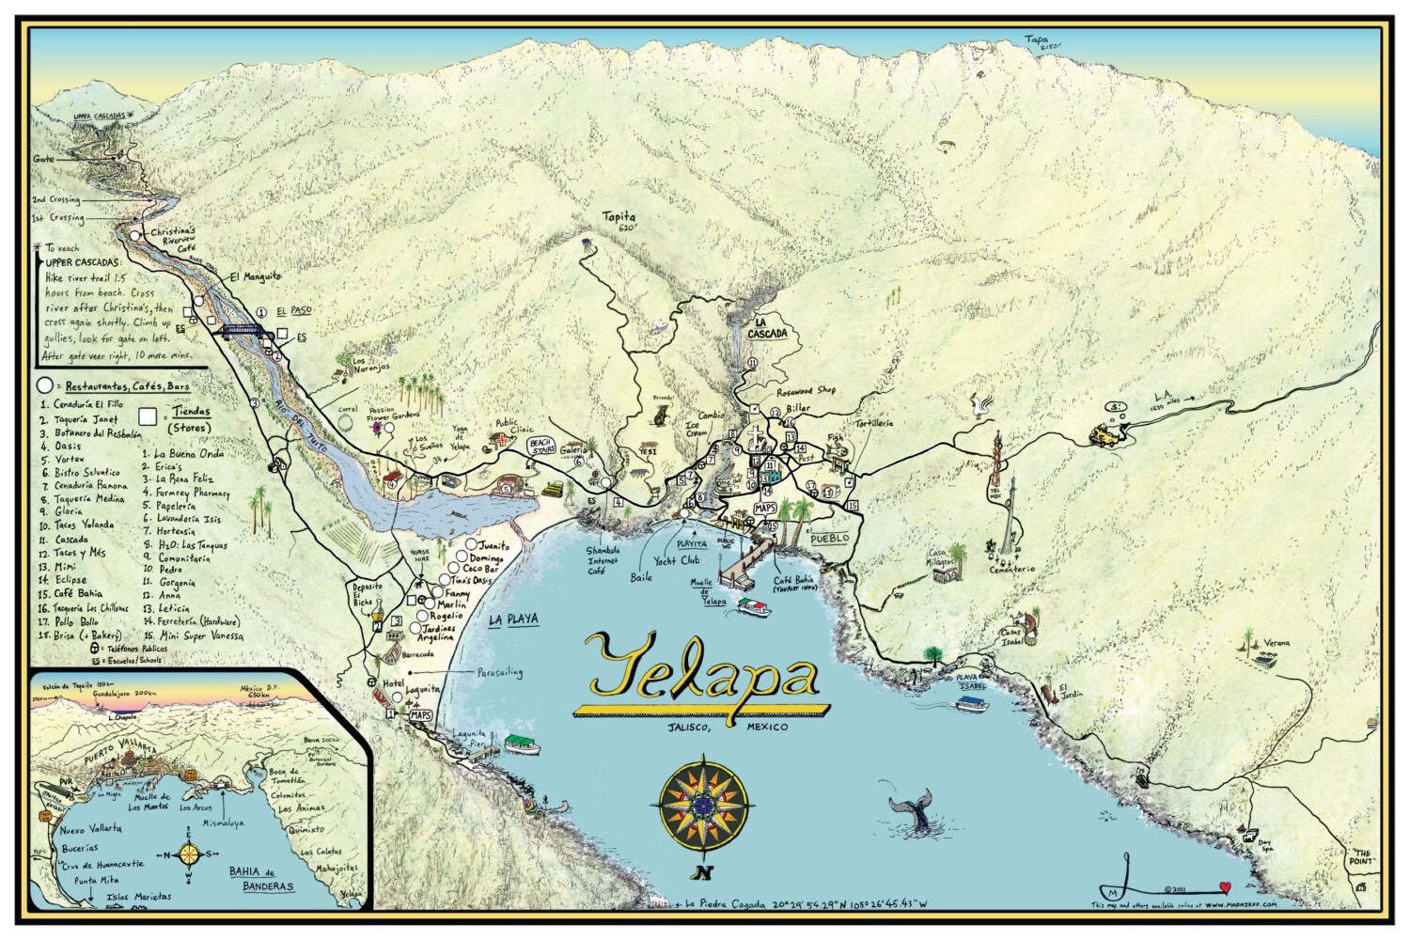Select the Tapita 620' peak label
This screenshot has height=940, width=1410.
(619, 221)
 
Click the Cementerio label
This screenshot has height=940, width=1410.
(1010, 569)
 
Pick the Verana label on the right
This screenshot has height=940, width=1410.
(1277, 643)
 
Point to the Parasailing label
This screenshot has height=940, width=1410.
(499, 673)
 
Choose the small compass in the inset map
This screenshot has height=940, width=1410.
(189, 854)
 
